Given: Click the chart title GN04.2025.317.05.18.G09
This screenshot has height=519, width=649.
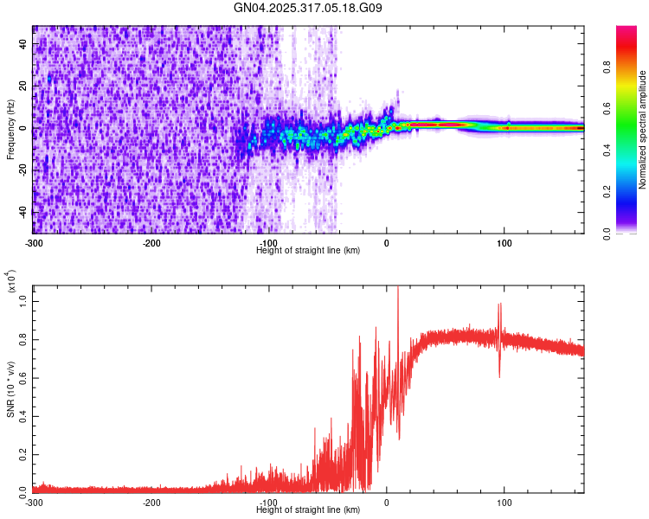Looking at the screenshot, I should [309, 9].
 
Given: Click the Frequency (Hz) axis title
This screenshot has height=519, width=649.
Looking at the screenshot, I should [10, 130].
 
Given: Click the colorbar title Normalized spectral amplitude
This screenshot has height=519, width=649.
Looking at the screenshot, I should [642, 130].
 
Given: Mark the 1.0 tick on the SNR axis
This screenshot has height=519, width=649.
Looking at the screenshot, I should [22, 299].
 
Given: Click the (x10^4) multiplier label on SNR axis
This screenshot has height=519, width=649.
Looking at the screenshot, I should [12, 282].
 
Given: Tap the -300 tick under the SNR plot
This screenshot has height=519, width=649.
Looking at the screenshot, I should [34, 503].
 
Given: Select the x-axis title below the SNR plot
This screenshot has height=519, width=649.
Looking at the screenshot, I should [308, 510].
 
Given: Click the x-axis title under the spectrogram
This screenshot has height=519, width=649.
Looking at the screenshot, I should [308, 251].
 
